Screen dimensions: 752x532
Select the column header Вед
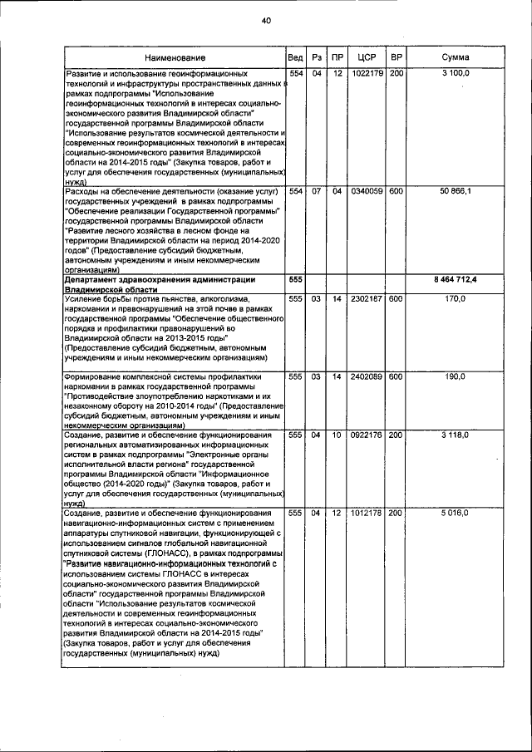tap(295, 57)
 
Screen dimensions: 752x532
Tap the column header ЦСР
tap(367, 57)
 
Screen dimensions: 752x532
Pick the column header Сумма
tap(456, 57)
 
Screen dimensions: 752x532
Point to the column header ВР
tap(397, 57)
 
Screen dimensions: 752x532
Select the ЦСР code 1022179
tap(367, 74)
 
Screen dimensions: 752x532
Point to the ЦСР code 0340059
tap(367, 191)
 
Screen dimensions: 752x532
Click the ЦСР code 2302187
tap(367, 297)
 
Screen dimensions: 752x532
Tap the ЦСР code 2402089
tap(367, 376)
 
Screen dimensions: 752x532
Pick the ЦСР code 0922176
tap(367, 435)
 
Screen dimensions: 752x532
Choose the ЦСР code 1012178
tap(367, 514)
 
